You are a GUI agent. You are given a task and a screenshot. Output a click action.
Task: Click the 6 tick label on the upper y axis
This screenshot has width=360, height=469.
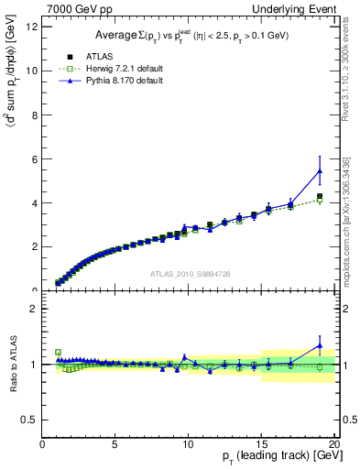coord(35,158)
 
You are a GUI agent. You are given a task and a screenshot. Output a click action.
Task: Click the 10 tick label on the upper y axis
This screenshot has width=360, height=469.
coord(33,71)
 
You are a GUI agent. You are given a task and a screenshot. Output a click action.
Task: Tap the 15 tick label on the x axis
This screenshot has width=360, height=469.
coord(261,447)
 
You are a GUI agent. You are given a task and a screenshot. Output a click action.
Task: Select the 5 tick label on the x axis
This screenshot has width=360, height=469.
coord(115,447)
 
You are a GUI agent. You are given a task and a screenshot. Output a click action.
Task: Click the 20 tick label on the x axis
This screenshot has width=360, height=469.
coord(333,447)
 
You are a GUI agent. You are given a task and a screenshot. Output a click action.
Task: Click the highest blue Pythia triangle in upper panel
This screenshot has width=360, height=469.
coord(320,170)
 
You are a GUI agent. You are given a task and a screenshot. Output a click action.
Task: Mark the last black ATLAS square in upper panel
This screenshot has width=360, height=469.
coord(320,196)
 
